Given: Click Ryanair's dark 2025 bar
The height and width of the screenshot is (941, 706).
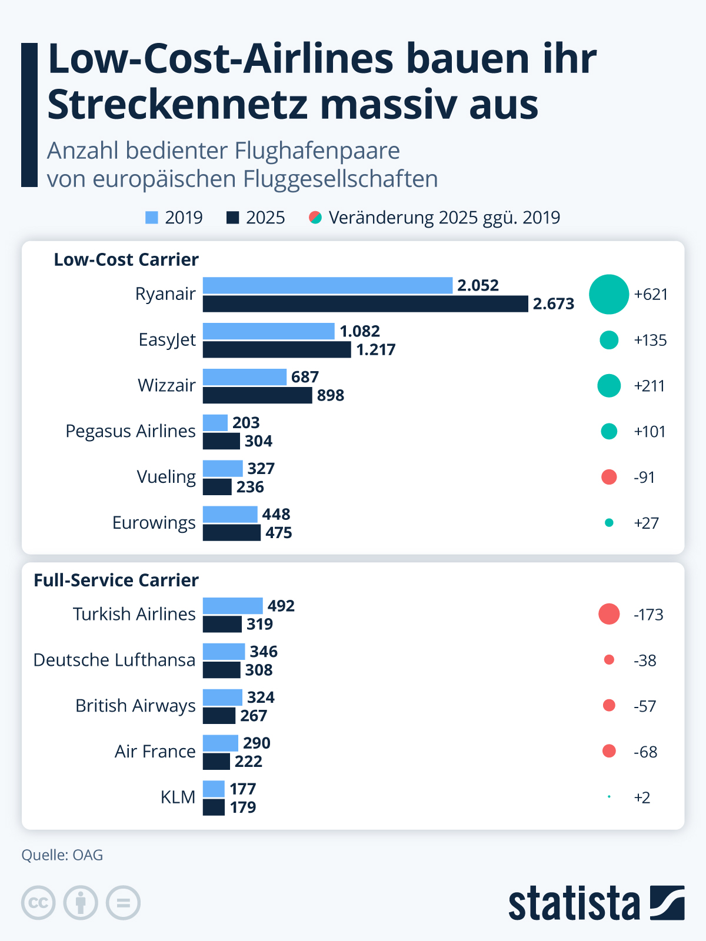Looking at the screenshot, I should tap(365, 304).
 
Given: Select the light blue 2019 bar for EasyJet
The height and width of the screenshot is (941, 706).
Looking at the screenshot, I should tap(268, 331).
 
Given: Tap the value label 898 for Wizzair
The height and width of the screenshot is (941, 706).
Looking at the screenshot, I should tap(330, 395).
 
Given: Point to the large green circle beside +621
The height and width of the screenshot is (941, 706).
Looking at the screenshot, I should tap(609, 294).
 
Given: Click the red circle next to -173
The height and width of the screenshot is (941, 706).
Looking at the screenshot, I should tap(609, 614).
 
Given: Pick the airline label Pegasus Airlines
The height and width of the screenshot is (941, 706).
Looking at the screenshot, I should tap(130, 431).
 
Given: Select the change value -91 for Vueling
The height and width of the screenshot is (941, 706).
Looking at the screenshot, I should tap(644, 477).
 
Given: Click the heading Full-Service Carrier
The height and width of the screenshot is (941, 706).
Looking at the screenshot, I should tap(116, 580).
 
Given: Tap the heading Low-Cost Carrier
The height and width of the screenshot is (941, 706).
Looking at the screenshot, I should tap(126, 260).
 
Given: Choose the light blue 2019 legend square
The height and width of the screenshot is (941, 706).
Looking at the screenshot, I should tap(152, 218).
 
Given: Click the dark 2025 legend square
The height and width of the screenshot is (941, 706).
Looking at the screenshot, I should tap(233, 218).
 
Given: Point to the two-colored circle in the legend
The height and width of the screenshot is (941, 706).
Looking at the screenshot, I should tap(315, 218).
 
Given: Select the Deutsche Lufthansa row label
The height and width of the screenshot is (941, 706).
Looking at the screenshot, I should tap(114, 660).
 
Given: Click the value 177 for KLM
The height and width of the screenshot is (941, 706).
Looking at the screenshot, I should tap(242, 789).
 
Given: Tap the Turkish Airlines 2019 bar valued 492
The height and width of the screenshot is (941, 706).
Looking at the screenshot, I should tap(232, 606).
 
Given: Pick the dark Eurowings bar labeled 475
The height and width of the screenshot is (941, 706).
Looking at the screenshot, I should tap(231, 533).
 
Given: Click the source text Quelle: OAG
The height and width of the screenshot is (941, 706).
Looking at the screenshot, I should tap(62, 855).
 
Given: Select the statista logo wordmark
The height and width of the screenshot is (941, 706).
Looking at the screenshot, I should tap(574, 904).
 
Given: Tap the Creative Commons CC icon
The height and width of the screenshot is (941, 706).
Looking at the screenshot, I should tap(38, 903).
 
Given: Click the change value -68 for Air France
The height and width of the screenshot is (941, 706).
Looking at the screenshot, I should tap(645, 752).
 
